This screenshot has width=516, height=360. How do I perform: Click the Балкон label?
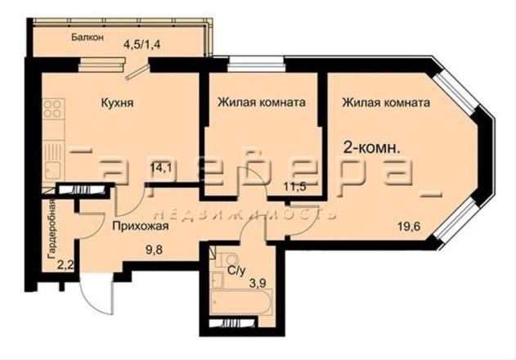click(87, 37)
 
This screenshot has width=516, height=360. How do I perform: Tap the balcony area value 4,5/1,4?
click(141, 44)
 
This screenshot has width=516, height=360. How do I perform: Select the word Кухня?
click(117, 103)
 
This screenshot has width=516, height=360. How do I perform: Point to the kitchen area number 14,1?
click(161, 168)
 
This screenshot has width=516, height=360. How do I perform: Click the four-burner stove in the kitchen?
click(53, 109)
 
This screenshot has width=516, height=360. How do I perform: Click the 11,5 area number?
click(295, 187)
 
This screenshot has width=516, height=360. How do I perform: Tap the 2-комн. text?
click(371, 148)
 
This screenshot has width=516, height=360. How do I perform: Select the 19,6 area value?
click(409, 227)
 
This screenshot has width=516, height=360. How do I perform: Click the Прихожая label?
click(141, 226)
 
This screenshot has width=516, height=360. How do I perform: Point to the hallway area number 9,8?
click(155, 249)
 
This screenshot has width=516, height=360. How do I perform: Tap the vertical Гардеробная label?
click(52, 230)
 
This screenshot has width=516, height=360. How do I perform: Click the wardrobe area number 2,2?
click(65, 264)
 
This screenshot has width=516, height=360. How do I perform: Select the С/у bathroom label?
click(237, 271)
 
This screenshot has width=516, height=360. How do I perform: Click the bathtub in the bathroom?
click(241, 302)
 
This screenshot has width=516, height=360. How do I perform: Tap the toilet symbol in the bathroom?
click(227, 259)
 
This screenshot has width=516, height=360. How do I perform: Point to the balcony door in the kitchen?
click(137, 73)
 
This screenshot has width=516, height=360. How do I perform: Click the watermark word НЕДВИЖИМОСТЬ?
click(245, 214)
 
